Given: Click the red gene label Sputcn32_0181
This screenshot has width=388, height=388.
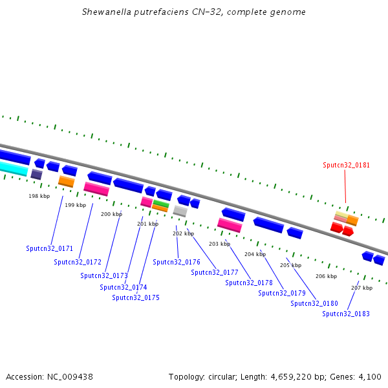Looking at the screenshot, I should pos(346,165).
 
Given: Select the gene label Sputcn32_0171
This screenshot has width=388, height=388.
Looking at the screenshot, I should pos(50,248).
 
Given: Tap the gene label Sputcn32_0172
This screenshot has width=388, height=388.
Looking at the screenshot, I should pos(78,262).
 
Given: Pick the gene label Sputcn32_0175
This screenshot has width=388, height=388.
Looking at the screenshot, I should pos(135,297).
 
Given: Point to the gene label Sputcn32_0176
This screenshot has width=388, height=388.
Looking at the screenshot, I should pos(177,262).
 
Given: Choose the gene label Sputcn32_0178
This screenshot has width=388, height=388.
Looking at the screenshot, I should pos(249,283).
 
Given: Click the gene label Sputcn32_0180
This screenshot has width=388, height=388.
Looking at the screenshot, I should pos(314,303).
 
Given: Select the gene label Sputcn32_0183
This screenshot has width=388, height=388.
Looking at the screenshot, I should pos(346,314).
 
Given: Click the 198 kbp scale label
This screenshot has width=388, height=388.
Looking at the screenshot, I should pos(39,196).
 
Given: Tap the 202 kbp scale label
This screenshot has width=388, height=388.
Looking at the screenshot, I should pos(183,233).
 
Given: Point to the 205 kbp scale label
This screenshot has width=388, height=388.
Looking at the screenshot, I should pos(290,265).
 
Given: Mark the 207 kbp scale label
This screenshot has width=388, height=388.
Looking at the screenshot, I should pos(361,288).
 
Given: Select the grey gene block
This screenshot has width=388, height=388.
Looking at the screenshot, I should pos(180,211).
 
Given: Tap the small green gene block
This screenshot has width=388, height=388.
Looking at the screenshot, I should pos(160,204).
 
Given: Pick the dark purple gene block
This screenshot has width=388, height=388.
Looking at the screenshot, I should pos(36,174).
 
